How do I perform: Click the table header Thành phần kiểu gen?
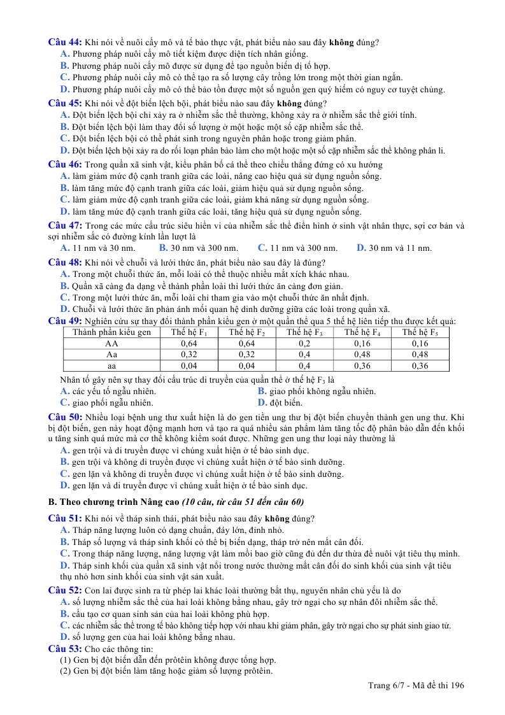[x=112, y=332]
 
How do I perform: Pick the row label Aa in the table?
[x=112, y=354]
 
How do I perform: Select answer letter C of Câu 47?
[x=262, y=248]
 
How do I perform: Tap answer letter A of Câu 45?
[x=64, y=115]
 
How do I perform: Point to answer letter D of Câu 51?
[x=64, y=565]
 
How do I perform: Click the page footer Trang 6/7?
[x=389, y=686]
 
